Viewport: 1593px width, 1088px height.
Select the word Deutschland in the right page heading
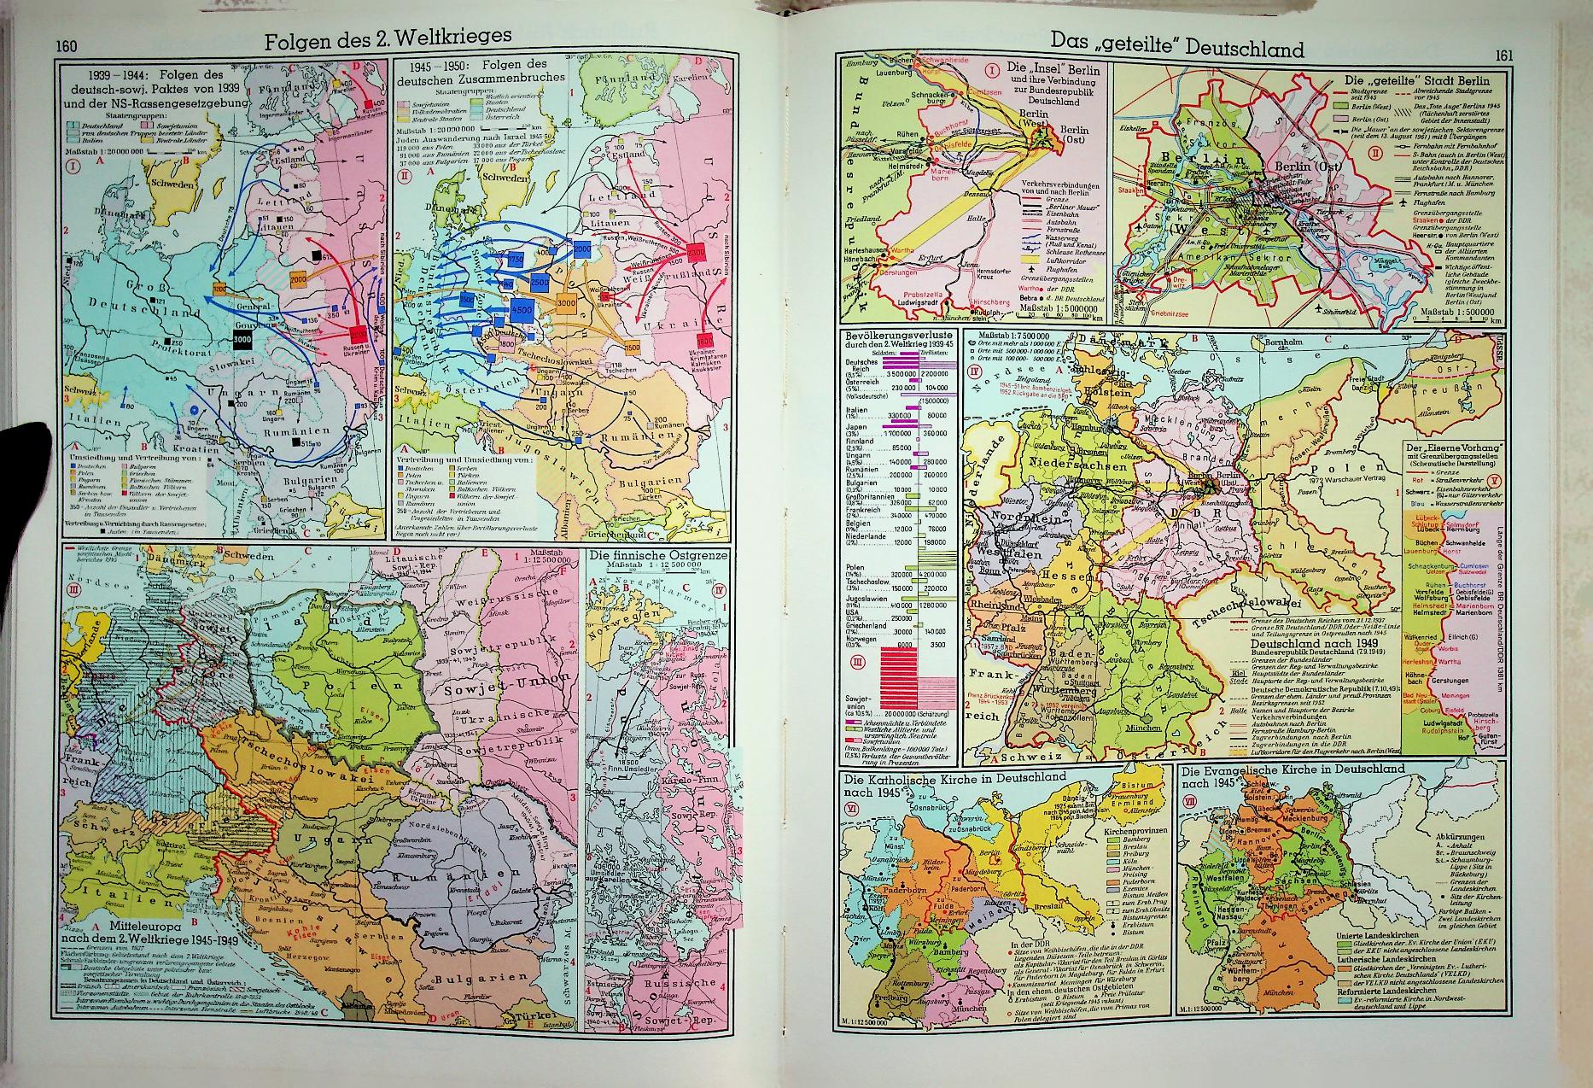1232,49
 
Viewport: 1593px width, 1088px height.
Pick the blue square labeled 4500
522,311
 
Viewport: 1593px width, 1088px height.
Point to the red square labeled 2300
696,254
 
